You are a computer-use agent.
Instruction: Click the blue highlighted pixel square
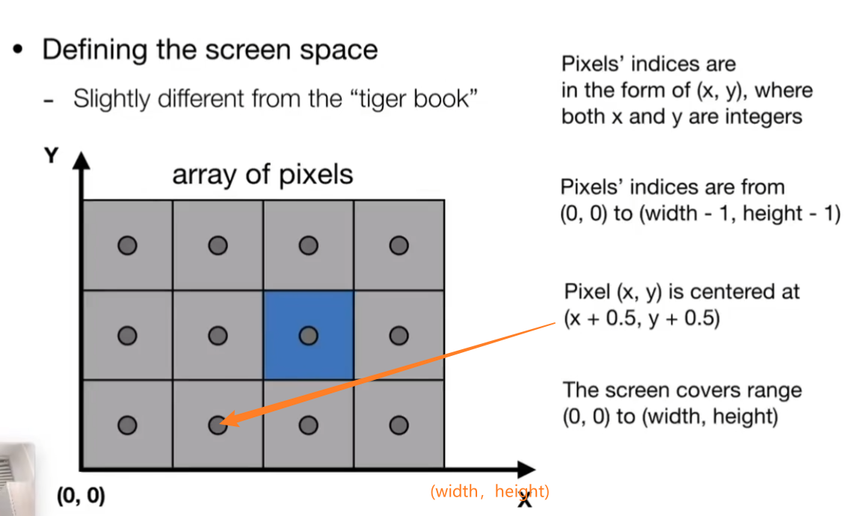pos(308,335)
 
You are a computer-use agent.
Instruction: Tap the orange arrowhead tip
pos(223,423)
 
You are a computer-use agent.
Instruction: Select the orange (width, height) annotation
pos(490,491)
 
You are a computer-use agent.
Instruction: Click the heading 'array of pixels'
pos(262,174)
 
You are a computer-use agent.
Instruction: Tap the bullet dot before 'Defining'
pos(19,51)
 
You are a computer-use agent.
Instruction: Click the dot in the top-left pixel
pos(127,245)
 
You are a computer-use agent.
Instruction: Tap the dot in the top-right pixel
pos(399,245)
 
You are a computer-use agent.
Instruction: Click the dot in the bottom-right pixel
pos(399,426)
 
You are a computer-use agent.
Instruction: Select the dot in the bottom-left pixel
pos(127,426)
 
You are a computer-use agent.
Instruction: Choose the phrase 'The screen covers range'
pos(682,390)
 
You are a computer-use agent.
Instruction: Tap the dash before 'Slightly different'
pos(49,100)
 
